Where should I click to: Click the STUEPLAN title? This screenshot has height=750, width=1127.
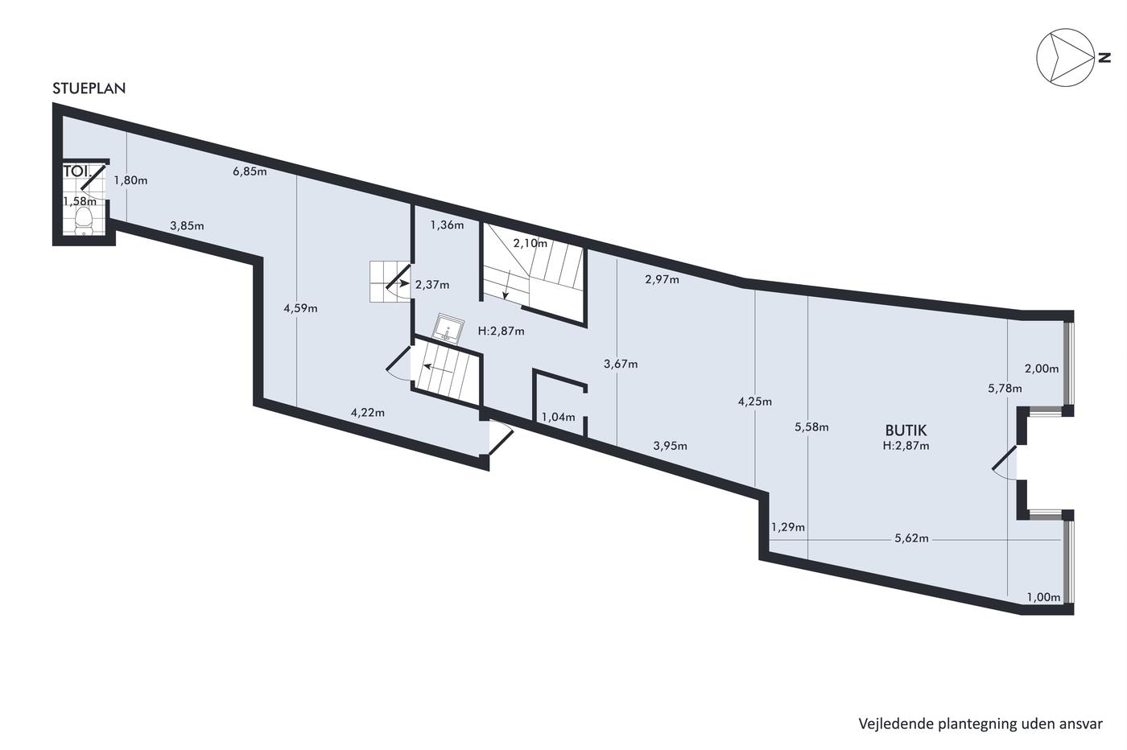coord(89,89)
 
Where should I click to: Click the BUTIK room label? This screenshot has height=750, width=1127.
coord(906,430)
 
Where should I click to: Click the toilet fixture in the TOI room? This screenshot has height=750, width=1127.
coord(83,222)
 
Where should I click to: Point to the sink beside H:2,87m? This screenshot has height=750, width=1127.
coord(448,328)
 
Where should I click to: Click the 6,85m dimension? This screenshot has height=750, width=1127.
coord(250,171)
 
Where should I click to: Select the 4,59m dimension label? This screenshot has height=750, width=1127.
coord(300,308)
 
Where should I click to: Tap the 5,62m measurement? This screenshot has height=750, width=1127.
coord(911,538)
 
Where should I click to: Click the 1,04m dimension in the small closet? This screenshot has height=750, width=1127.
coord(559,417)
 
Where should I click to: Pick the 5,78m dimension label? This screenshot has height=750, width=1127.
coord(1005,389)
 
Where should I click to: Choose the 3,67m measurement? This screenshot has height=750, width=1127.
coord(621,364)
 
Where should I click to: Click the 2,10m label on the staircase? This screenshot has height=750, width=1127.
coord(530,244)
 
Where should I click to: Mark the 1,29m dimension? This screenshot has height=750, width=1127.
coord(788,527)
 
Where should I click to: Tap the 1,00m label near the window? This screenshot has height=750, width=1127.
coord(1043,597)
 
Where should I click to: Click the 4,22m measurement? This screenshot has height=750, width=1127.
coord(368,413)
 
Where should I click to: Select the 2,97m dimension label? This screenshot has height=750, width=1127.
coord(662,279)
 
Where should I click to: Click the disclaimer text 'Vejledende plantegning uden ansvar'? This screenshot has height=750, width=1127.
coord(980,723)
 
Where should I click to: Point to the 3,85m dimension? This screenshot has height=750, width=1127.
coord(187,226)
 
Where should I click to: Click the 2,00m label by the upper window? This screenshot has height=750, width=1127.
coord(1042,369)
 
